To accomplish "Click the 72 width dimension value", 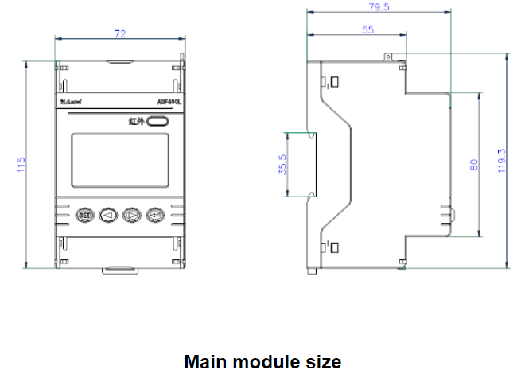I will [120, 34].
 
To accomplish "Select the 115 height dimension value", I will [22, 165].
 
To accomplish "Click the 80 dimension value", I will [474, 165].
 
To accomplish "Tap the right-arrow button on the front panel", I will [132, 214].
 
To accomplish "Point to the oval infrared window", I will [157, 121].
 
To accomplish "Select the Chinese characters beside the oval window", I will [137, 122].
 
